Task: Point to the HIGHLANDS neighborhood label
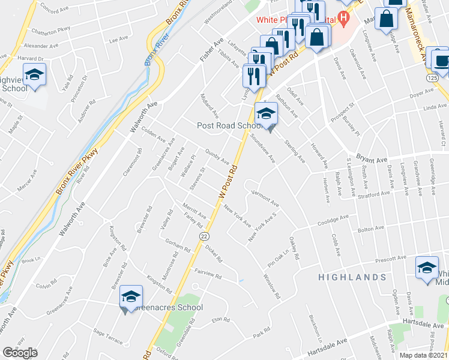coord(352,277)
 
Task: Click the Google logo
coord(20,353)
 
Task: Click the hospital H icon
coord(343,17)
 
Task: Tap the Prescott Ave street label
coord(391,259)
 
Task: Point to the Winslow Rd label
coord(272,286)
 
